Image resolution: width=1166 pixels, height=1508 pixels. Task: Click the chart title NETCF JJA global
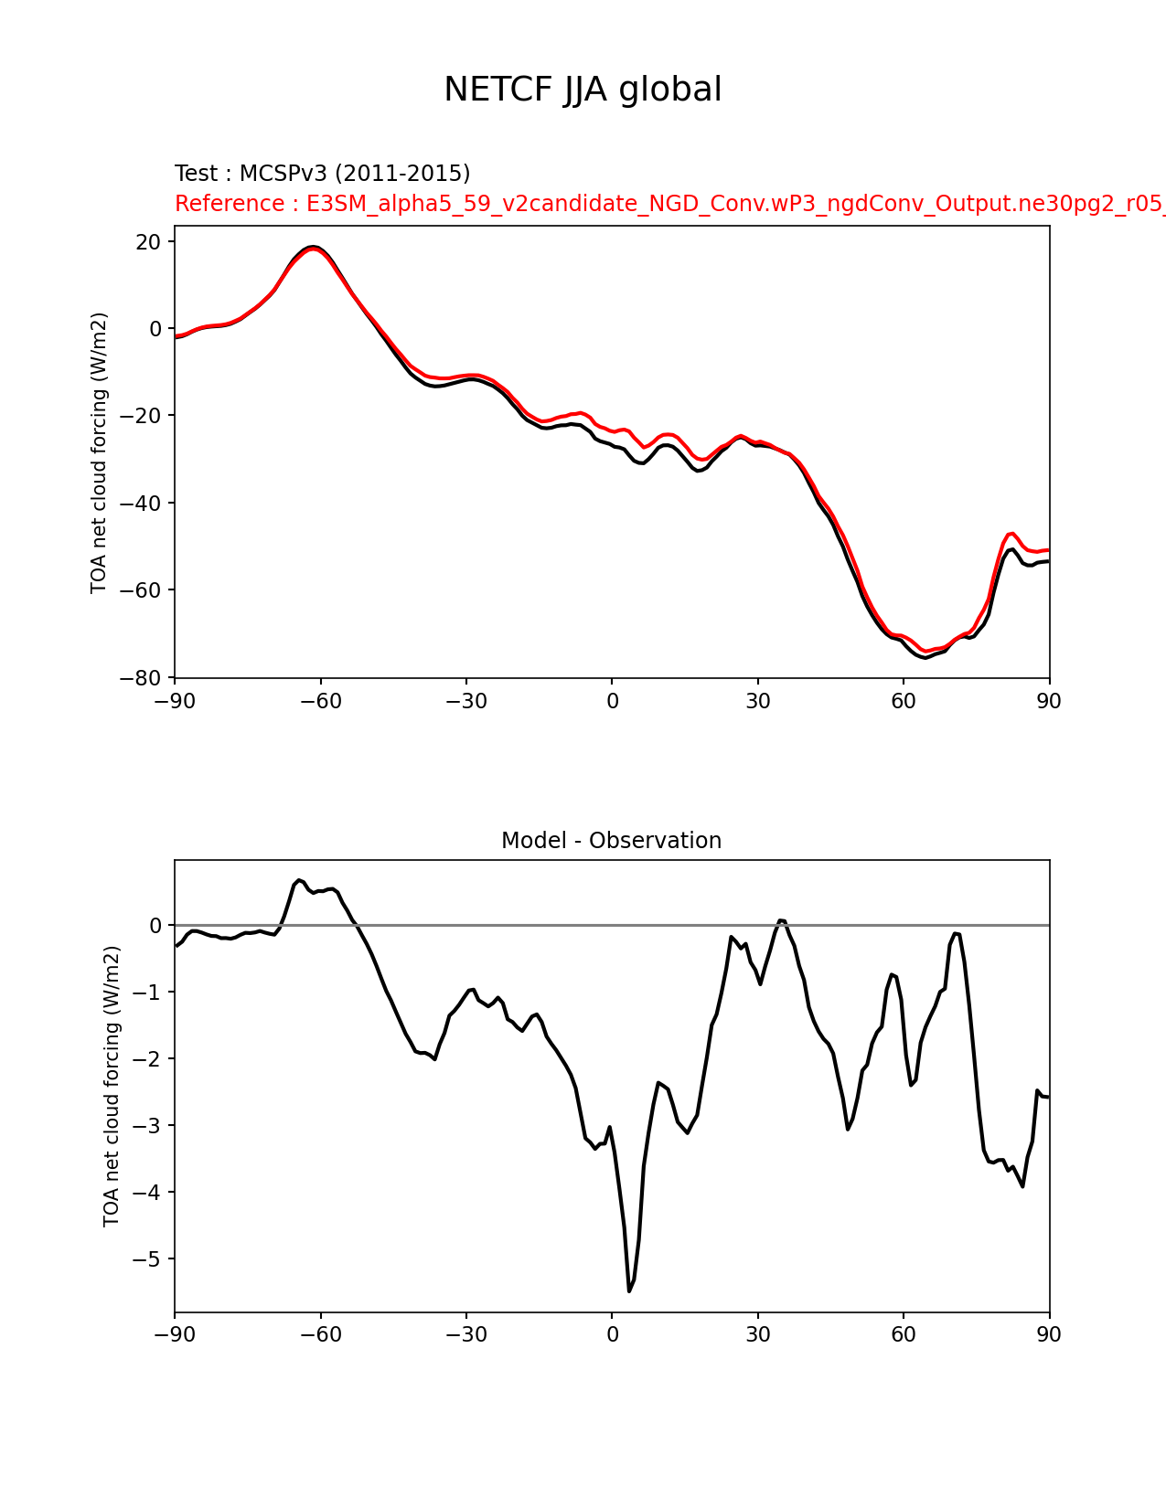583,90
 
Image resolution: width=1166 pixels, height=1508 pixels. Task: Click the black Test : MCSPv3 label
322,173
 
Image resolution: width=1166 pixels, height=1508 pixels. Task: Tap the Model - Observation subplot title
611,841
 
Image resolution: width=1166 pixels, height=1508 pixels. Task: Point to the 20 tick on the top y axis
148,242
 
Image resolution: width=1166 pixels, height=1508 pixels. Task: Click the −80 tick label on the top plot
140,677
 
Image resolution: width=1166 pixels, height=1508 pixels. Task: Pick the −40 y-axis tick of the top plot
140,504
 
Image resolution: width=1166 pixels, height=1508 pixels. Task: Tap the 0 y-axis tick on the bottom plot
155,925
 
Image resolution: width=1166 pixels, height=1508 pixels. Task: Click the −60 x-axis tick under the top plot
321,701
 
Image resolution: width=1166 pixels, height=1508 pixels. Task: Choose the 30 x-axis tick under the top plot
757,701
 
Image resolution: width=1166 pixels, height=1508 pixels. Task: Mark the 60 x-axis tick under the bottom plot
904,1334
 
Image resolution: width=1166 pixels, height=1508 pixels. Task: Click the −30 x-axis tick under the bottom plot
466,1334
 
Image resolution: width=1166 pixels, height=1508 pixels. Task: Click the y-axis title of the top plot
99,453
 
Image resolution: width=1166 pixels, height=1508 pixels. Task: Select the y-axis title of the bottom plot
112,1087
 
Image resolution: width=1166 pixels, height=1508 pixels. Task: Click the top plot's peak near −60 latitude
313,247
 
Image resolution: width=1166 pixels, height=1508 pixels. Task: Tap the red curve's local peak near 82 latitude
1011,533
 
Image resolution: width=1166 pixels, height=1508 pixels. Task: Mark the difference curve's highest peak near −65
299,880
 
